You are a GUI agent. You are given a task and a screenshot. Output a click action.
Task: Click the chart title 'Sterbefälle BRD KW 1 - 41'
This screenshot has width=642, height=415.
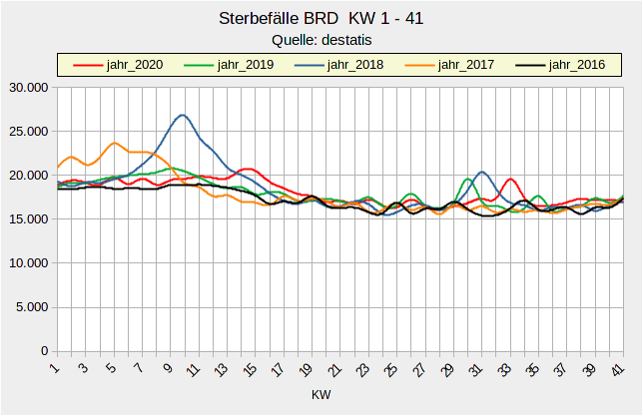pyautogui.click(x=321, y=18)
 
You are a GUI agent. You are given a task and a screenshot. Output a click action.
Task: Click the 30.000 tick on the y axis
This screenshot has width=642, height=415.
pyautogui.click(x=28, y=88)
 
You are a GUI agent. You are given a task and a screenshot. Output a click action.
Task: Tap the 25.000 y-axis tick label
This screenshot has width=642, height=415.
pyautogui.click(x=28, y=132)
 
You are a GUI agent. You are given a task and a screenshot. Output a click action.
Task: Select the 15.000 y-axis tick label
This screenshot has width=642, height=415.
pyautogui.click(x=28, y=219)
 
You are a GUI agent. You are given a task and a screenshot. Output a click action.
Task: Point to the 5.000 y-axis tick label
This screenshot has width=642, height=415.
pyautogui.click(x=31, y=307)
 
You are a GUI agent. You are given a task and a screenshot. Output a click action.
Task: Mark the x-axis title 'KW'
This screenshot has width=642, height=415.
pyautogui.click(x=321, y=395)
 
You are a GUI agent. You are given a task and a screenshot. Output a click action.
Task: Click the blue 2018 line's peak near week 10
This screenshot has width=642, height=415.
pyautogui.click(x=182, y=115)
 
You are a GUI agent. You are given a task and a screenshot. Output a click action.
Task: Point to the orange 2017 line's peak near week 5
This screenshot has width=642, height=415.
pyautogui.click(x=115, y=143)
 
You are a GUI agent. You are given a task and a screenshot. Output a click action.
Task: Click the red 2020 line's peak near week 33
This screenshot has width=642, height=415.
pyautogui.click(x=509, y=179)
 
